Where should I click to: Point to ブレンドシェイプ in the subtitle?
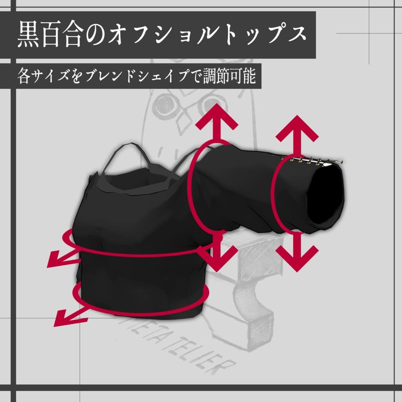pyautogui.click(x=135, y=76)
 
